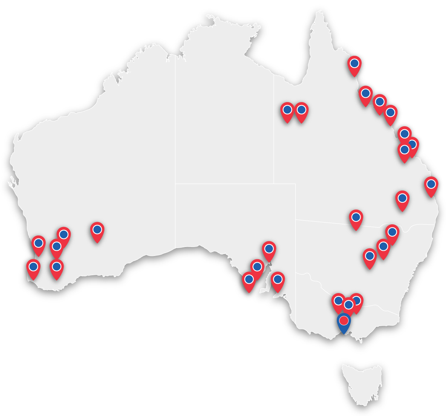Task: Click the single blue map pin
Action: [344, 322]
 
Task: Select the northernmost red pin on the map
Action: [355, 65]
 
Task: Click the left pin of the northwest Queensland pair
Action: [287, 111]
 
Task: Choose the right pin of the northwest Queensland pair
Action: [302, 111]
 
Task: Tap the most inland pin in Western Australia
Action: [97, 231]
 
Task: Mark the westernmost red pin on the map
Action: [33, 268]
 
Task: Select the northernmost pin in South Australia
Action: [269, 250]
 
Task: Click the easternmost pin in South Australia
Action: [278, 280]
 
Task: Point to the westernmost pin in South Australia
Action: [249, 280]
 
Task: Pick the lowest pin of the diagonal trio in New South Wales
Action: [370, 257]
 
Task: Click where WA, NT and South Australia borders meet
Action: [175, 183]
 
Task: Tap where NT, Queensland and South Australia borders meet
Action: [274, 183]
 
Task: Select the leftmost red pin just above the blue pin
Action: [338, 302]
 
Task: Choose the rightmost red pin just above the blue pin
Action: [357, 302]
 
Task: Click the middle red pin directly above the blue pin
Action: [348, 306]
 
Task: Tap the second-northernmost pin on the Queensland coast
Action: [366, 94]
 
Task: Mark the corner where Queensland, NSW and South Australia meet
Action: [296, 220]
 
